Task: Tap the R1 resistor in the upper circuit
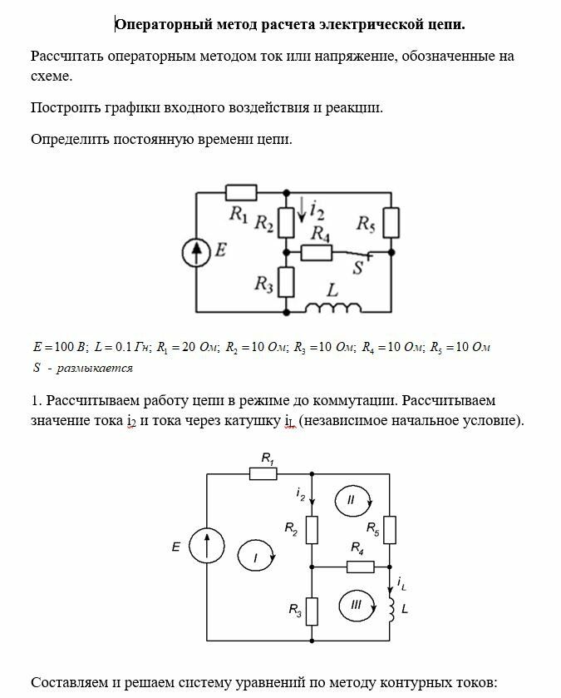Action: [240, 192]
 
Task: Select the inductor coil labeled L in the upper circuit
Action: [332, 309]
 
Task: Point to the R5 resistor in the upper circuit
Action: [391, 222]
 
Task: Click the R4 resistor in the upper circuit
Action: [316, 252]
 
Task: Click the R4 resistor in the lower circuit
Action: [359, 567]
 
